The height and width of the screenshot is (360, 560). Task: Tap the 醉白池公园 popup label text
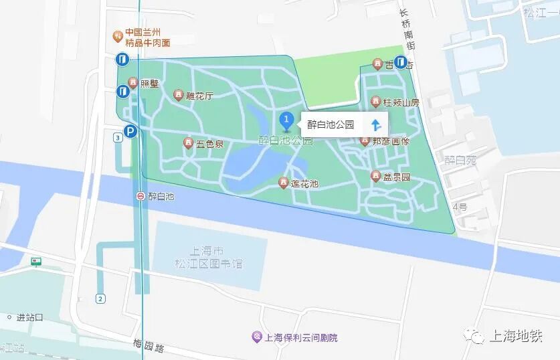[330, 124]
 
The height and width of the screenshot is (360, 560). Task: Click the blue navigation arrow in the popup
[375, 124]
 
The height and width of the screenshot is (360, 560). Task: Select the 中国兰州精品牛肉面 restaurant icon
[118, 33]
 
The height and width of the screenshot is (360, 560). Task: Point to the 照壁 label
[149, 84]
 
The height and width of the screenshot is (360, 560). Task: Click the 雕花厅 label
[199, 96]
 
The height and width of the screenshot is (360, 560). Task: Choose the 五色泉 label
[209, 143]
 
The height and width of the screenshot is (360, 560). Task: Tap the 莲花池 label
[304, 183]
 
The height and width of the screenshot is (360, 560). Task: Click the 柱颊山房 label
[401, 102]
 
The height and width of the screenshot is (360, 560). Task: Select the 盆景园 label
[396, 177]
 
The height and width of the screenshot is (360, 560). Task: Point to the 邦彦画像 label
[391, 141]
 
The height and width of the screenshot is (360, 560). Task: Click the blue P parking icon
[131, 132]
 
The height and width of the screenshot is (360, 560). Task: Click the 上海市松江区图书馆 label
[207, 257]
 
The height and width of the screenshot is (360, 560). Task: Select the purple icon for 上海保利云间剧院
[256, 337]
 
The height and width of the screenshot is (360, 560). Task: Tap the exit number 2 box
[100, 298]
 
